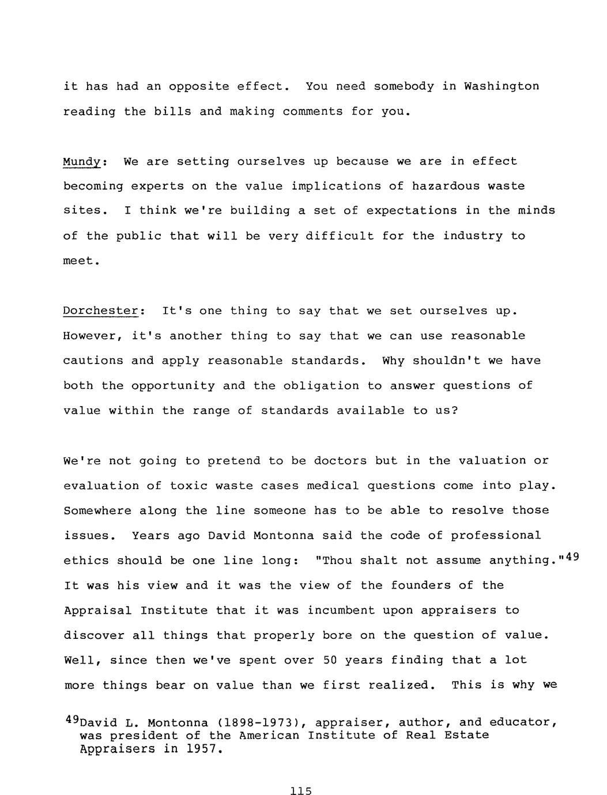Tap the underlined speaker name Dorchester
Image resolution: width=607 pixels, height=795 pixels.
101,311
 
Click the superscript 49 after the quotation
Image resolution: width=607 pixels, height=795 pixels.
572,556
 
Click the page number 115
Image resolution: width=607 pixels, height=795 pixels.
301,791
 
